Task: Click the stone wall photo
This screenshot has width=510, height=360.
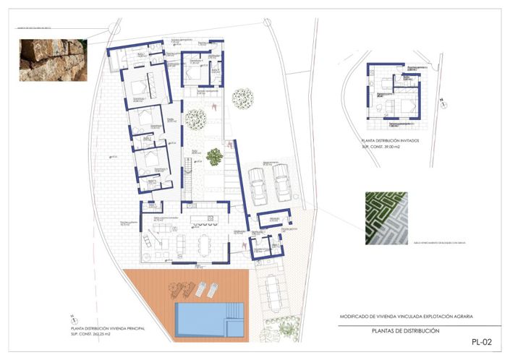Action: [51, 59]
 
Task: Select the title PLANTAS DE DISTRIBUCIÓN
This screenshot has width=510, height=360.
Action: [404, 330]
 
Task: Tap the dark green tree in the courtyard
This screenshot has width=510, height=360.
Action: [214, 155]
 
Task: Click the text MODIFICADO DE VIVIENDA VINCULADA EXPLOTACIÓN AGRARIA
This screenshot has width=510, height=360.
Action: [410, 316]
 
